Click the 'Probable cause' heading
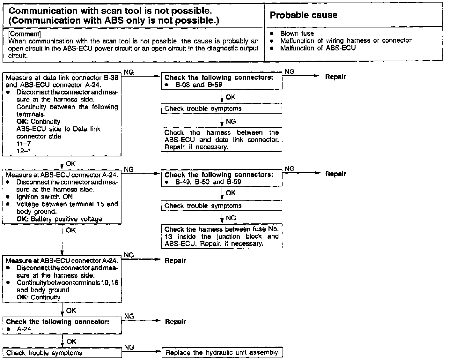click(x=303, y=15)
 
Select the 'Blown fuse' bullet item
click(x=297, y=33)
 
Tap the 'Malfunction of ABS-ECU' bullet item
click(x=318, y=48)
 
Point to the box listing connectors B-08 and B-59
click(x=222, y=81)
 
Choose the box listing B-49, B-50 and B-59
click(x=222, y=178)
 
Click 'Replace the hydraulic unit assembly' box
click(x=222, y=353)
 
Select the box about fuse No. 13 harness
click(x=222, y=236)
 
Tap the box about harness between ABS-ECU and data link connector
click(x=222, y=140)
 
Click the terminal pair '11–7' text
click(x=24, y=144)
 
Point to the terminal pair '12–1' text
click(x=24, y=151)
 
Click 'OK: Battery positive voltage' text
click(x=59, y=219)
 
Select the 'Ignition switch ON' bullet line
click(x=45, y=197)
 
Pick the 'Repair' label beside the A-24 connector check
click(x=175, y=322)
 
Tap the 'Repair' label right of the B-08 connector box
click(x=335, y=77)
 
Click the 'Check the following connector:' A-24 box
click(x=62, y=325)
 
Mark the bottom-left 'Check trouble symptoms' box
click(x=62, y=353)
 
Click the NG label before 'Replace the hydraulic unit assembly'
click(x=129, y=347)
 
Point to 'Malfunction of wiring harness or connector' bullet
click(x=346, y=41)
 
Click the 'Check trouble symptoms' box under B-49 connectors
click(x=222, y=206)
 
